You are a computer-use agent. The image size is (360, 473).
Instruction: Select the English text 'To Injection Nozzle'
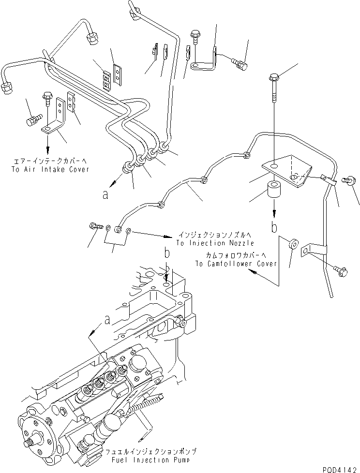tap(214, 243)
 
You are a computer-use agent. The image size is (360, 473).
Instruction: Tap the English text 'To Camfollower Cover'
tap(236, 264)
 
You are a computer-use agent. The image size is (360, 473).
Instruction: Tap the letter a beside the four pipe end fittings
tap(105, 195)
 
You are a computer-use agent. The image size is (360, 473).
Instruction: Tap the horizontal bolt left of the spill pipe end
tap(95, 225)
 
